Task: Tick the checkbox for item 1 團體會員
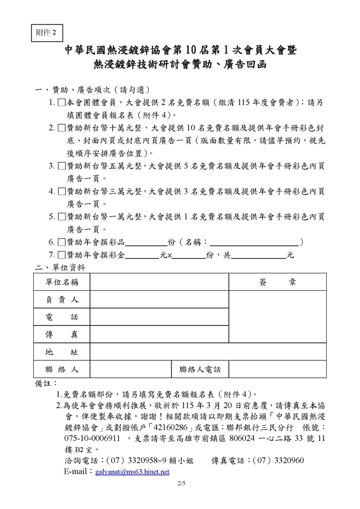[61, 102]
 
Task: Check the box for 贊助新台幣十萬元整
[61, 128]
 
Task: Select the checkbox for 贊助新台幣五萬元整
[61, 166]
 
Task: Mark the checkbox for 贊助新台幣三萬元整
[61, 192]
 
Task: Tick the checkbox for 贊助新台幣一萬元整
[61, 217]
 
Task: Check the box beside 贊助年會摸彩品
[61, 242]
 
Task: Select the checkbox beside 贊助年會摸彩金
[61, 254]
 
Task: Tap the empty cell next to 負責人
[159, 299]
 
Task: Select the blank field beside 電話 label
[159, 317]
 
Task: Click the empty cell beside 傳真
[159, 334]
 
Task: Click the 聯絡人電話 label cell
[200, 370]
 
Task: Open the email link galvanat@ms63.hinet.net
[132, 471]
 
